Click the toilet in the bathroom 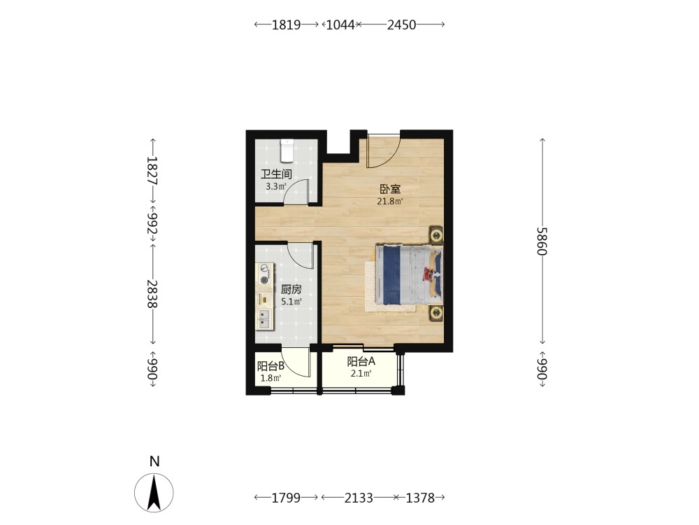click(x=287, y=150)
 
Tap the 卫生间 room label click(x=276, y=174)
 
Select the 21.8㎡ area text click(x=390, y=202)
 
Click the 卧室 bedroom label click(x=390, y=189)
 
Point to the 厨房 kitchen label click(x=291, y=290)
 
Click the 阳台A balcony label click(x=361, y=361)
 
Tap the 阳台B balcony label click(x=271, y=367)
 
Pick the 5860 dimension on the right click(x=542, y=241)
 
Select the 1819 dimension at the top click(x=286, y=24)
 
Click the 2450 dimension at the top click(x=402, y=24)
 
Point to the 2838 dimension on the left click(x=152, y=294)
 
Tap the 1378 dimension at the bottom click(x=420, y=497)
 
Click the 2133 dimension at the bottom click(x=359, y=497)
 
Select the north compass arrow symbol click(x=154, y=493)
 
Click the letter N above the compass click(x=154, y=461)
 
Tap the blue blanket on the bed click(x=391, y=274)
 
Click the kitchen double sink click(x=265, y=318)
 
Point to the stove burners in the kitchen click(x=265, y=274)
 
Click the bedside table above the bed click(x=436, y=234)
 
